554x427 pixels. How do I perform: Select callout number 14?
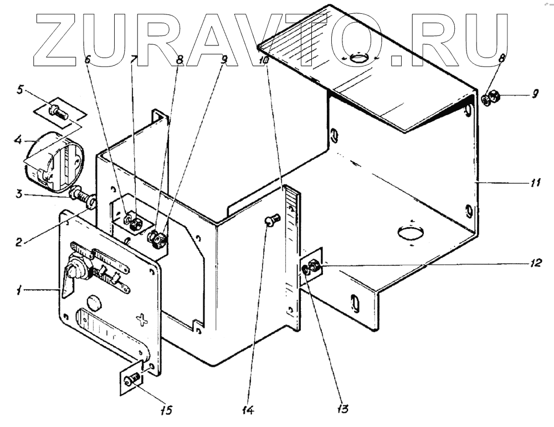click(248, 410)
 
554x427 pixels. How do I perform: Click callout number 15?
click(166, 410)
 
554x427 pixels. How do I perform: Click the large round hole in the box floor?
click(409, 234)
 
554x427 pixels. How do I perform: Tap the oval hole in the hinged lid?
click(360, 57)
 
